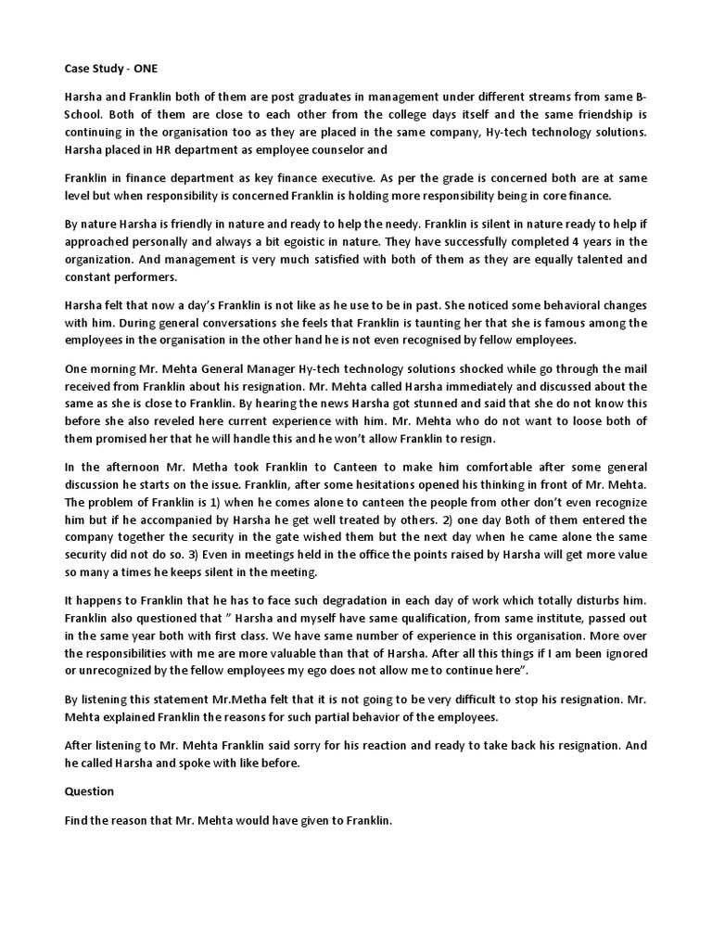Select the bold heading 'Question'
(89, 791)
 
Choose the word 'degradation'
(333, 599)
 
